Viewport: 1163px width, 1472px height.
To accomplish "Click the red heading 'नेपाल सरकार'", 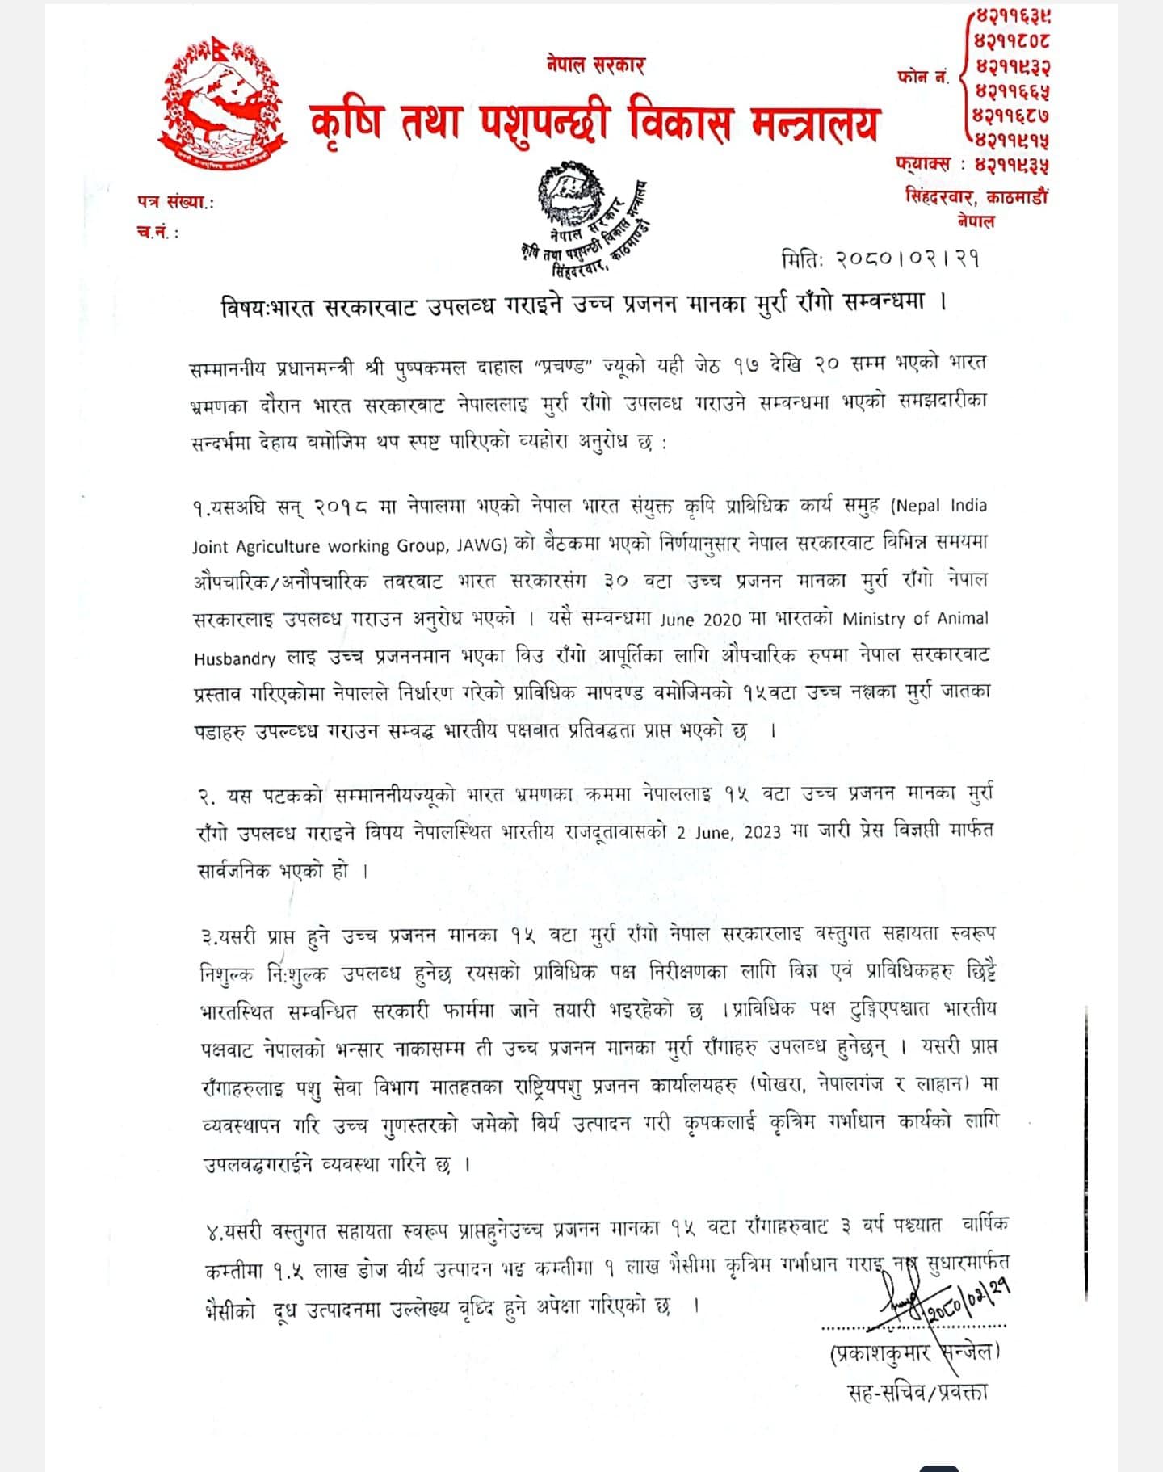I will point(595,65).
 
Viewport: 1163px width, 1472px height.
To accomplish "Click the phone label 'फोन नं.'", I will point(922,78).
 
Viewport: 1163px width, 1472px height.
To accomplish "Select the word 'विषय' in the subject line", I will point(242,307).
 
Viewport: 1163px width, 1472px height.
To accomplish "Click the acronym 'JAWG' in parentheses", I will point(481,545).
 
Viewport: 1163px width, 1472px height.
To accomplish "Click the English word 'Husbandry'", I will point(234,658).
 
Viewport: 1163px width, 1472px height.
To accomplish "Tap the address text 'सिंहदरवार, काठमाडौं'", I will point(976,196).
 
